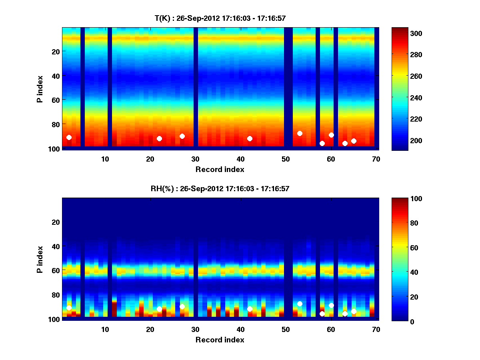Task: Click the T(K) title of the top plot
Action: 220,18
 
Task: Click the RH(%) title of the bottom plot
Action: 220,188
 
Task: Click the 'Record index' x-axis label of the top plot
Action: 220,169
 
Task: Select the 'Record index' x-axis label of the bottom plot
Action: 220,340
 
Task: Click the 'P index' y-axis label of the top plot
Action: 40,89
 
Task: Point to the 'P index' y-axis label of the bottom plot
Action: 40,259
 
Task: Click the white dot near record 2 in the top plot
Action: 69,137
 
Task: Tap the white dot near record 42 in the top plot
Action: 250,138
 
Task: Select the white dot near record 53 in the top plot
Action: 300,133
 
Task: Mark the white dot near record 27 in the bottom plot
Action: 182,306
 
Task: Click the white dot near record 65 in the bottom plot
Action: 354,311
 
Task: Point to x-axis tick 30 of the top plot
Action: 195,158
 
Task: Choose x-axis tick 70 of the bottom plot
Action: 376,329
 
